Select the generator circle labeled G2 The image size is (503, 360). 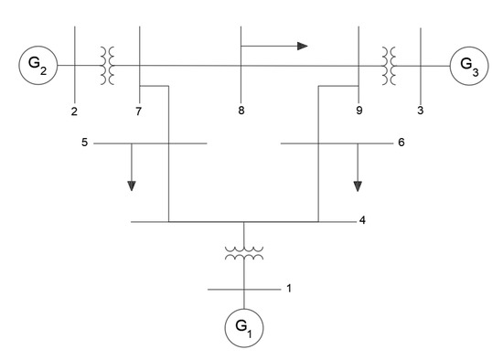38,66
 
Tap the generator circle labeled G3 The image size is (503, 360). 468,66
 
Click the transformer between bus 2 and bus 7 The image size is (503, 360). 107,66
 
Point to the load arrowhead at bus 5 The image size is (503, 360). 132,185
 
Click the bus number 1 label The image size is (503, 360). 288,289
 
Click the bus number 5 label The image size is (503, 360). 83,143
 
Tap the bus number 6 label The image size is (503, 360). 401,143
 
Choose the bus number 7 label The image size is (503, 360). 139,111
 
